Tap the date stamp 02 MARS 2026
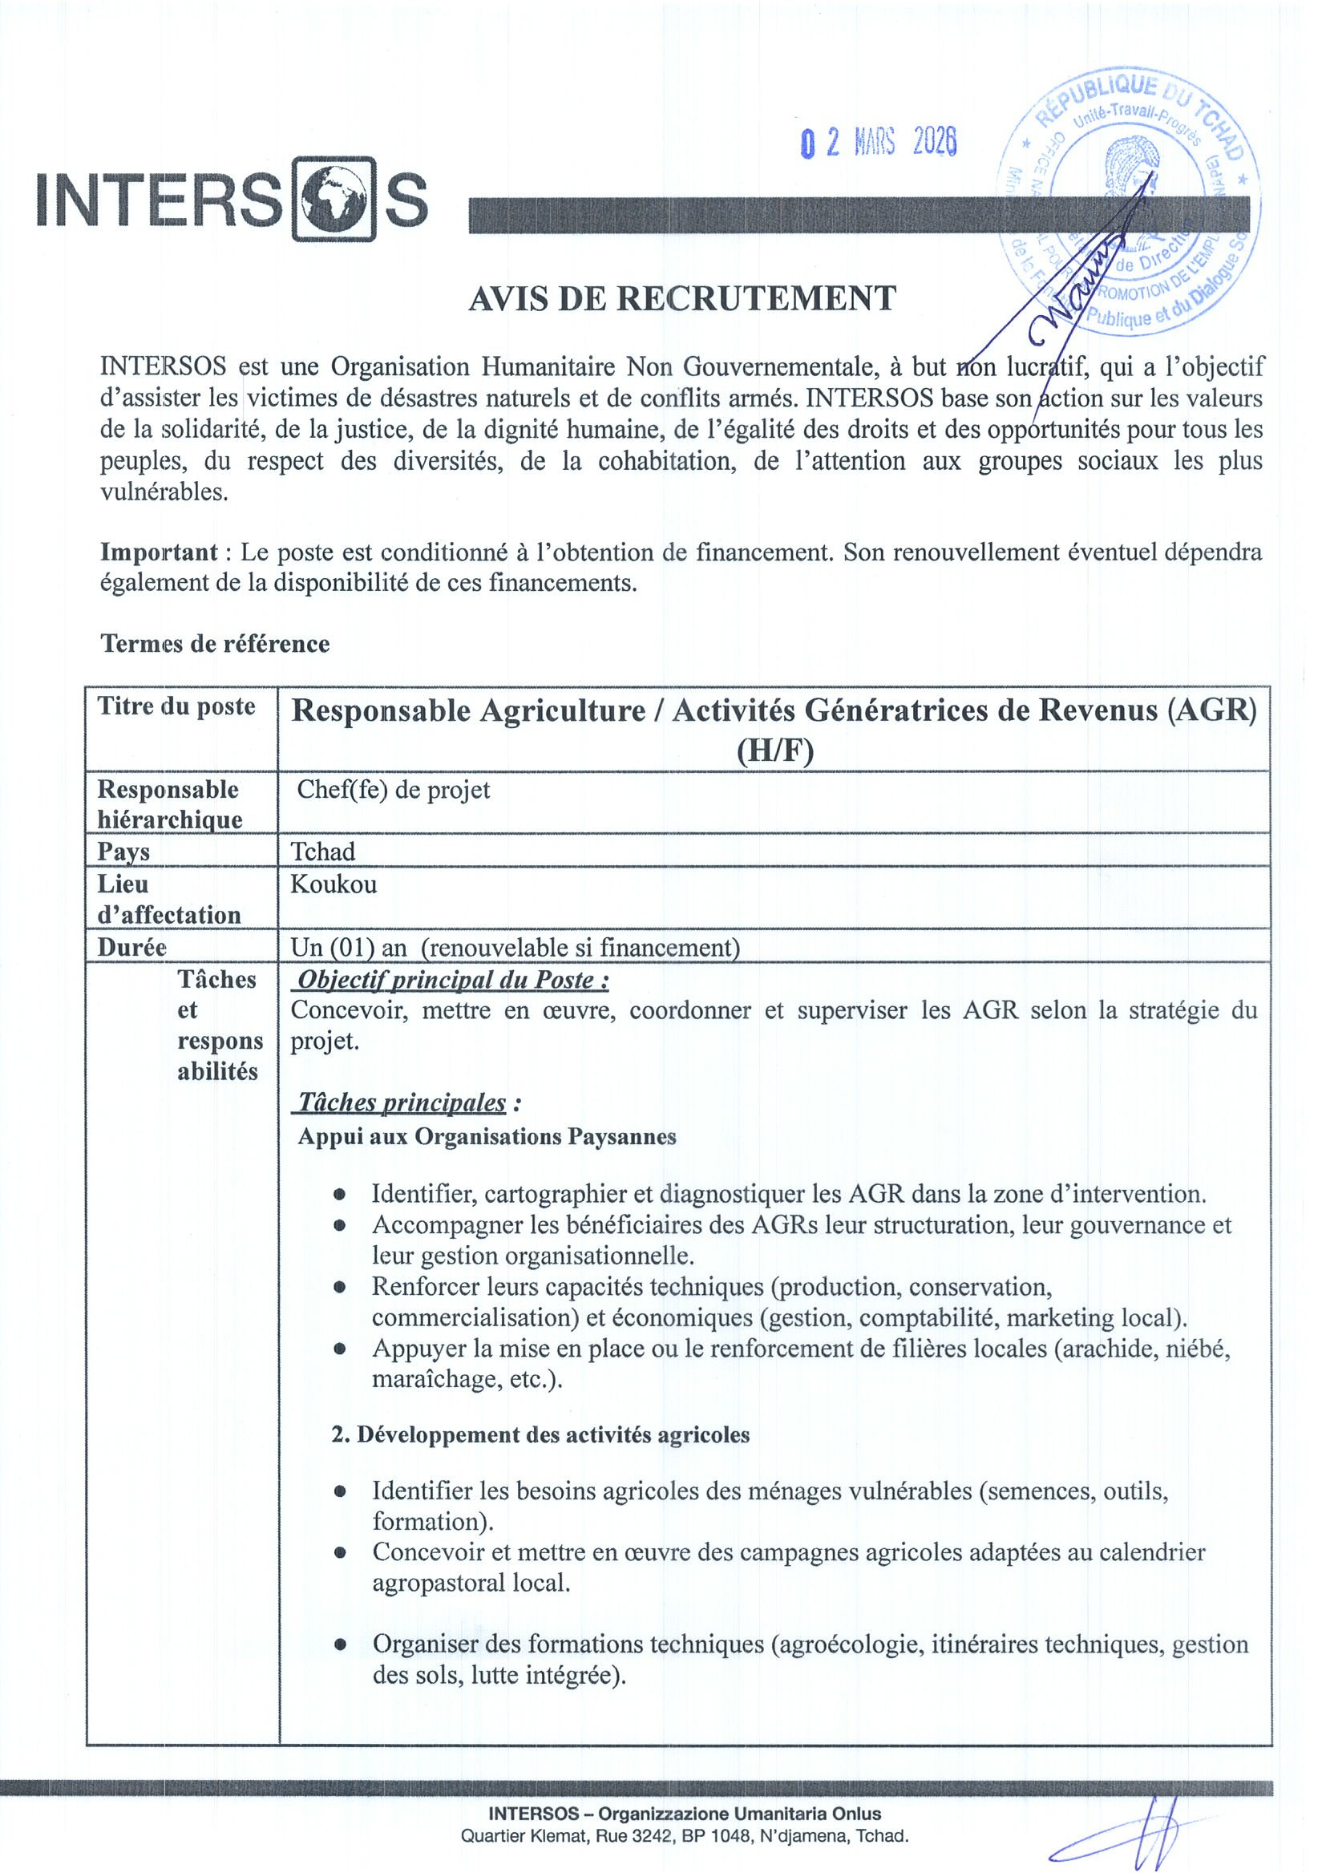coord(880,143)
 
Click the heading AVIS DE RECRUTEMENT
coord(682,300)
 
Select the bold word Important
coord(160,552)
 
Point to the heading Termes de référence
coord(215,644)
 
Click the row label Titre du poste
coord(176,707)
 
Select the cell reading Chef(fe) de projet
coord(393,791)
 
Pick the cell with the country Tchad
coord(323,852)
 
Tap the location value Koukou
coord(334,885)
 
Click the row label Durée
coord(131,948)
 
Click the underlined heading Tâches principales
coord(402,1103)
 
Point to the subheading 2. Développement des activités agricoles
coord(540,1434)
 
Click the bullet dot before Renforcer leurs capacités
coord(341,1288)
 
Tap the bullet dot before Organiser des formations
coord(341,1645)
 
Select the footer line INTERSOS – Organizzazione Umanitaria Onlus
coord(684,1814)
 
